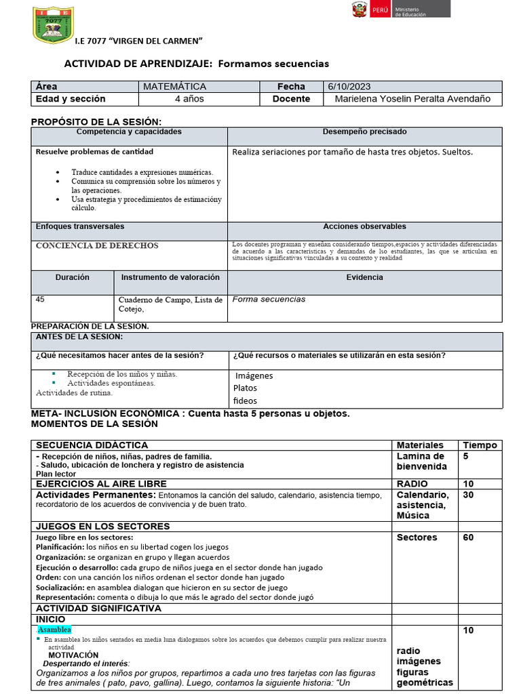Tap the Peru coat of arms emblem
[358, 9]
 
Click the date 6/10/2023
[349, 87]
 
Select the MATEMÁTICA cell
[174, 87]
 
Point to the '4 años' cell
[189, 99]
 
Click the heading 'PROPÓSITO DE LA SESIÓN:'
[97, 121]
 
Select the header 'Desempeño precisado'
[364, 132]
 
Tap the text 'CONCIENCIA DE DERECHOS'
[97, 246]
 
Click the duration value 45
[40, 299]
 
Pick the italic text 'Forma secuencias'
[269, 300]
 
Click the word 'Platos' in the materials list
[245, 388]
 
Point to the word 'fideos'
[245, 401]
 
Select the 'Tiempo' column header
[480, 445]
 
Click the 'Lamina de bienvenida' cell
[422, 462]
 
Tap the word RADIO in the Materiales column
[412, 484]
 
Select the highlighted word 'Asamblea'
[54, 630]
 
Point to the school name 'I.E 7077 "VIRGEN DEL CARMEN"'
[139, 41]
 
